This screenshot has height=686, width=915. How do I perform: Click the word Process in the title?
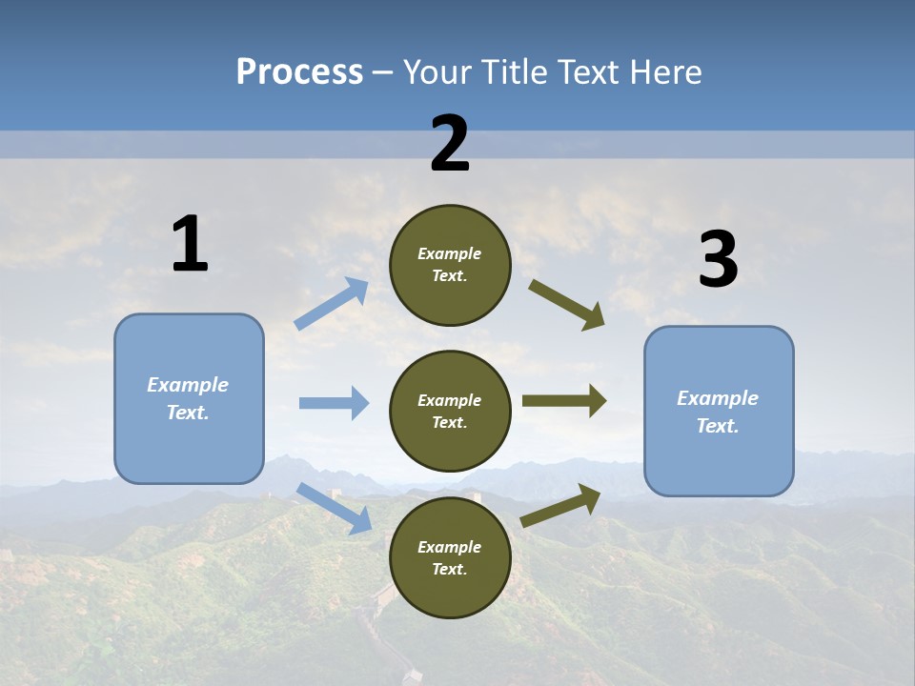point(299,72)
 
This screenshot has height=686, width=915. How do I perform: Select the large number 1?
point(190,244)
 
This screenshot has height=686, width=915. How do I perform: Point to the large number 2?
point(450,144)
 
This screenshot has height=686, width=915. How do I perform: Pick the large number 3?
point(718,260)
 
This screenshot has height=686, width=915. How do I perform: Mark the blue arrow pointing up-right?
point(332,304)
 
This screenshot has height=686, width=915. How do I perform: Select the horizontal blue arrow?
point(334,403)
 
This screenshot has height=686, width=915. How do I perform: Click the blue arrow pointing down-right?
point(334,507)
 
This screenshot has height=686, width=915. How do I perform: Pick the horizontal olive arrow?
point(564,401)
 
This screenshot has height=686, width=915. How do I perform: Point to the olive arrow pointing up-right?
point(560,505)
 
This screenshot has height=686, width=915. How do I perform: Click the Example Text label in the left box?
point(188,398)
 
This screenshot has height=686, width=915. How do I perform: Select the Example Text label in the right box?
point(718,412)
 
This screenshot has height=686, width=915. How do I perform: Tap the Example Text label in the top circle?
point(450,265)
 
